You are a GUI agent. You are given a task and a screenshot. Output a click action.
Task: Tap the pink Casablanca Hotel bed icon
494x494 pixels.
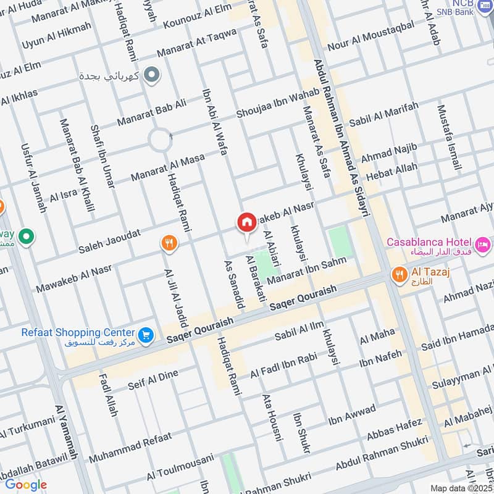pos(483,242)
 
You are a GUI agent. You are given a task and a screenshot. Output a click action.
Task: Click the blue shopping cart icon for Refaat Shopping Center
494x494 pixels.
pos(146,334)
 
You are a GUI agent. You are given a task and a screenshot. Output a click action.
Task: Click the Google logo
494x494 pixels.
pos(25,485)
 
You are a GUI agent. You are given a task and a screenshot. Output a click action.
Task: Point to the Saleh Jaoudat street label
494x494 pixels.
pos(109,241)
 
